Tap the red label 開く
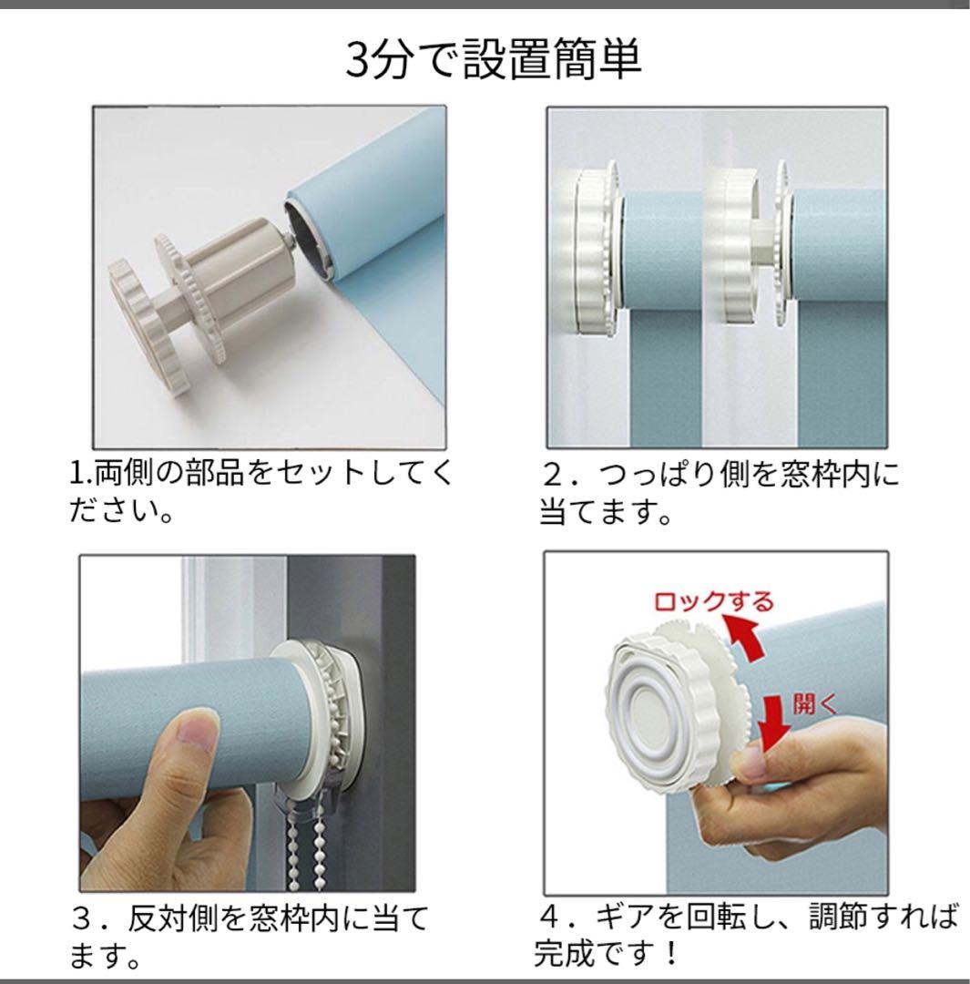pos(806,705)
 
